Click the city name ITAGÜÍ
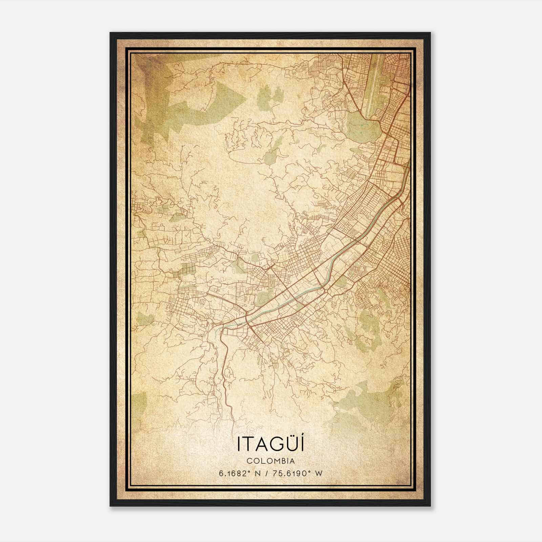point(270,444)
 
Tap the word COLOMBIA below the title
point(270,461)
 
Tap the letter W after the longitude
point(318,473)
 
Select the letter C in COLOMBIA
point(249,461)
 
